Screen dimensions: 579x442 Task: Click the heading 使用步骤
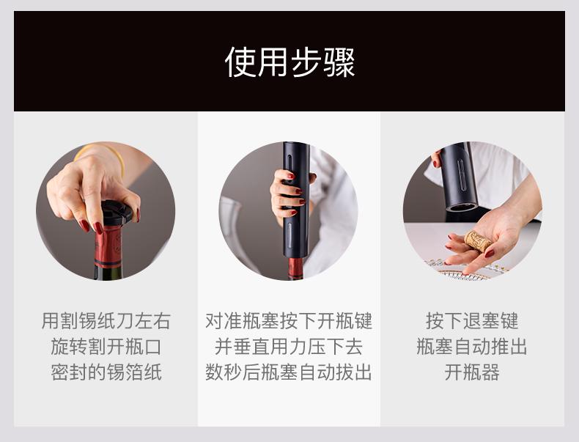point(289,62)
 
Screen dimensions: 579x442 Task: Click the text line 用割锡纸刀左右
point(106,320)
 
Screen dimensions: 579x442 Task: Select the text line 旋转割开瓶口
point(106,347)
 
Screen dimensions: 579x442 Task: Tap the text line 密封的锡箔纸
point(106,372)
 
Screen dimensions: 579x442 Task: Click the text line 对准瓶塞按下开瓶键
point(289,320)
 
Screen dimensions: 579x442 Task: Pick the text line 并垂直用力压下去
point(289,347)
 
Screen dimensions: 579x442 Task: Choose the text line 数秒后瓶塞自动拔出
point(289,372)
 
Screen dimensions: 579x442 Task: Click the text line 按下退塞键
point(472,320)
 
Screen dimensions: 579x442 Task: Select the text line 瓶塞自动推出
point(472,347)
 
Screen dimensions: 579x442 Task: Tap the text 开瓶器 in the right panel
point(472,372)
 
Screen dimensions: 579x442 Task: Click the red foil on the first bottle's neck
point(108,246)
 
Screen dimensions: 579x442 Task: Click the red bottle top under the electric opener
point(295,268)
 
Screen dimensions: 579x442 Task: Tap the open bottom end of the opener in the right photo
point(462,207)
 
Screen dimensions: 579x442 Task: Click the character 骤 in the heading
point(339,62)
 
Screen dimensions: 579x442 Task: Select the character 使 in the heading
point(240,62)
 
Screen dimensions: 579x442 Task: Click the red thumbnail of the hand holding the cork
point(490,254)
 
